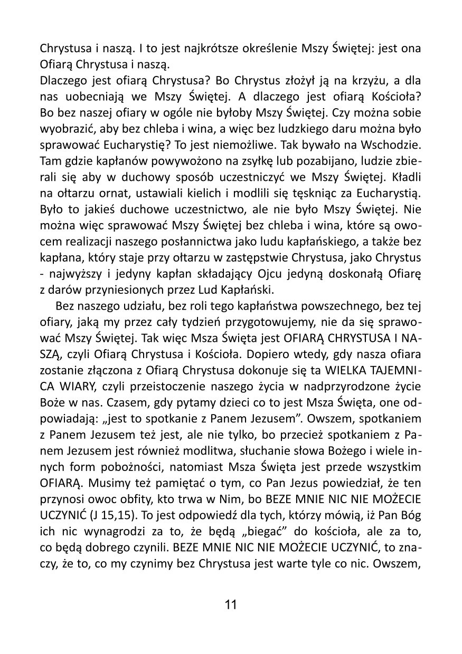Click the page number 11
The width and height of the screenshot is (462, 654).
click(231, 604)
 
